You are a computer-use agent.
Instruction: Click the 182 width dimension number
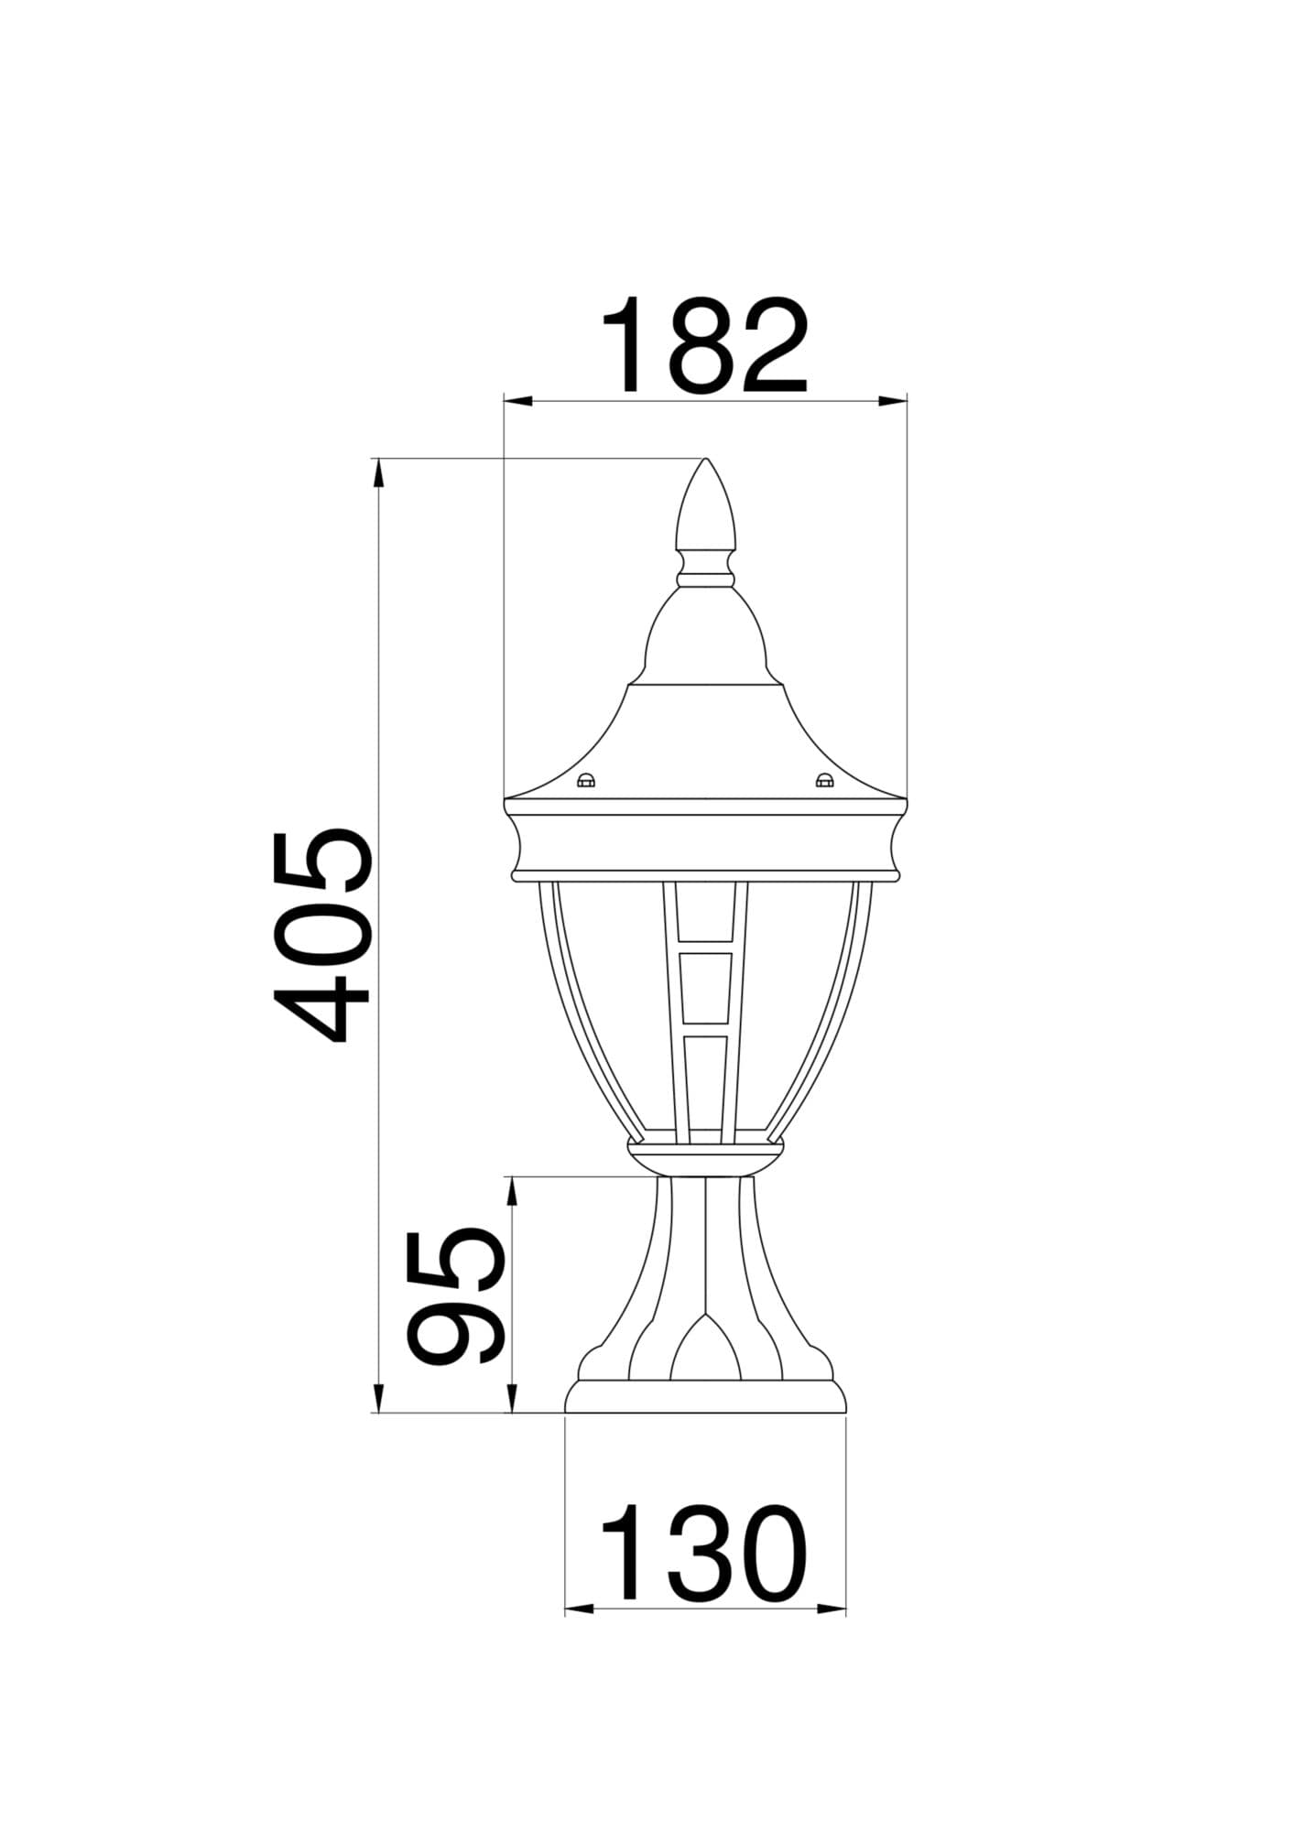click(x=704, y=346)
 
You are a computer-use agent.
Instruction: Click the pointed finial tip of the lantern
click(x=705, y=460)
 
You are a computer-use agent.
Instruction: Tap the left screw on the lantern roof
click(x=585, y=781)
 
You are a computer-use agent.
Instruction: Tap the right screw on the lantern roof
click(x=824, y=781)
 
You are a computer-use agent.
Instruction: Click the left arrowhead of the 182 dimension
click(x=517, y=400)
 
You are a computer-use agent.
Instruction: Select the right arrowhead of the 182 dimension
click(x=893, y=400)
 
